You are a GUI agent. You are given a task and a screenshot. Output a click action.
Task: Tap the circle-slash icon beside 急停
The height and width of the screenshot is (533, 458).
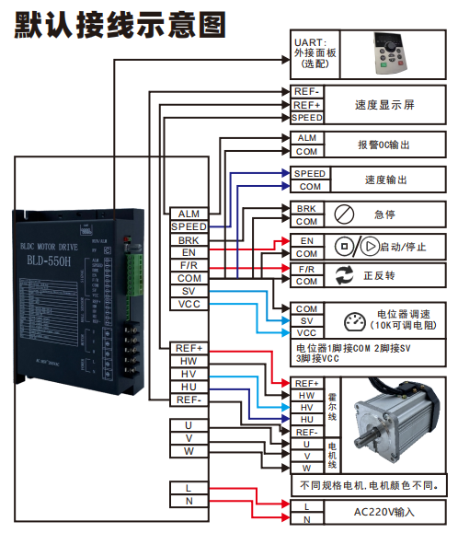(x=339, y=214)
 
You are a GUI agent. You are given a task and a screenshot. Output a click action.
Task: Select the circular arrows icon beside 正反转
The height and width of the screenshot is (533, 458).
(x=345, y=274)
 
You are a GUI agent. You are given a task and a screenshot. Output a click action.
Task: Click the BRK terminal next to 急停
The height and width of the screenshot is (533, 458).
(x=306, y=209)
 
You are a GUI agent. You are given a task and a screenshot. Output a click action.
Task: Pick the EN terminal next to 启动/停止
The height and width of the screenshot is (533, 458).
(x=306, y=240)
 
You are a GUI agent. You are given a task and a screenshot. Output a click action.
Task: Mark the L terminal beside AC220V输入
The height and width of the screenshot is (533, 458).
(x=306, y=506)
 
